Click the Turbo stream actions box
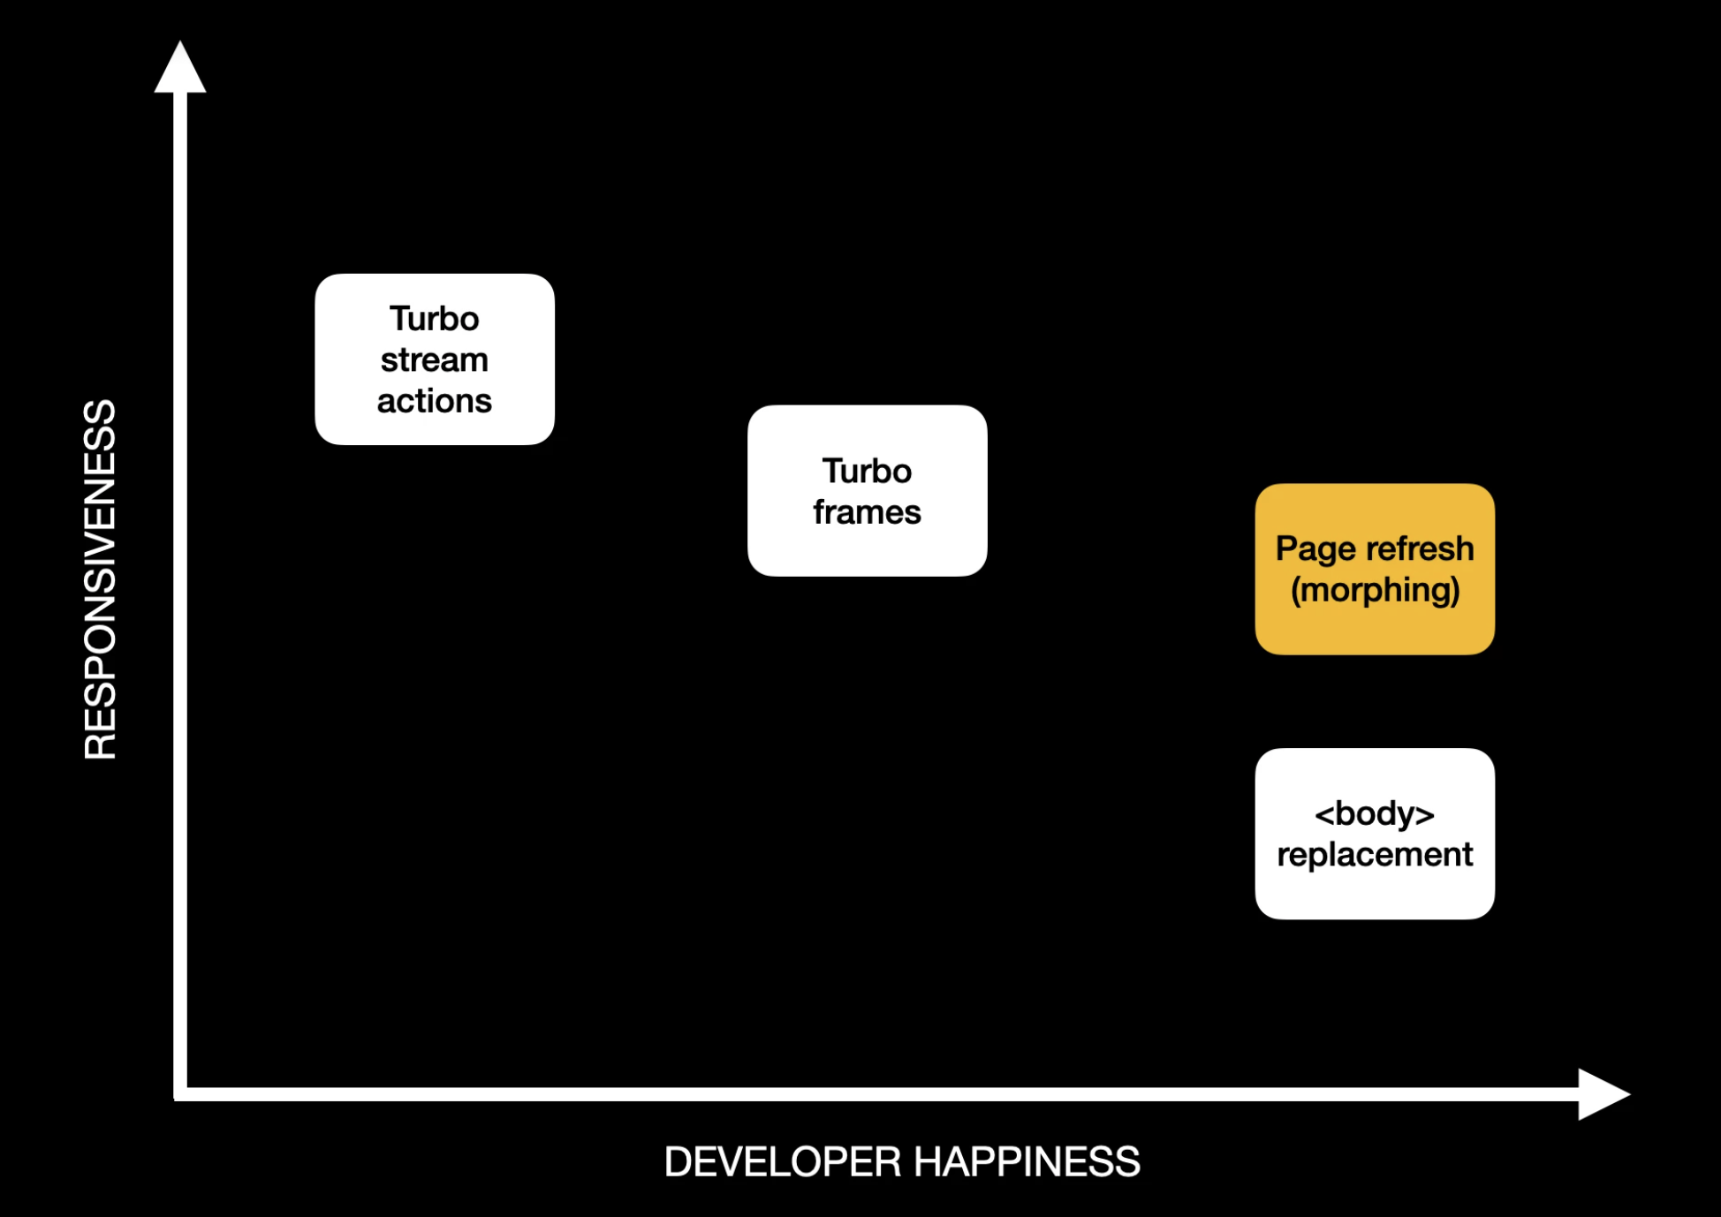[434, 359]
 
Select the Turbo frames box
[867, 491]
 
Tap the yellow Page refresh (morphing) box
[1374, 569]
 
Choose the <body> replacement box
[1374, 834]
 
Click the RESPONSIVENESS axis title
[100, 579]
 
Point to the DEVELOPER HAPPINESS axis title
[901, 1161]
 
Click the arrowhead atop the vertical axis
[180, 69]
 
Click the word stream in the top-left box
[434, 360]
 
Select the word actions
[434, 401]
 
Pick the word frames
[867, 512]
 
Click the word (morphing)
[1374, 590]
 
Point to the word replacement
[1374, 855]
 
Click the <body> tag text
[1374, 813]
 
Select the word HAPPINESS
[1027, 1161]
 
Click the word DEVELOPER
[783, 1161]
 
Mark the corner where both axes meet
[181, 1094]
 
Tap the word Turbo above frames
[867, 471]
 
